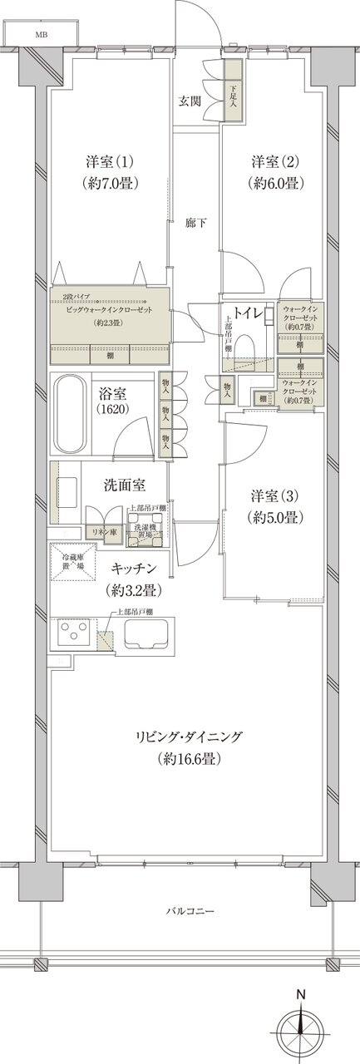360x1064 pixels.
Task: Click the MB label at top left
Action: point(41,36)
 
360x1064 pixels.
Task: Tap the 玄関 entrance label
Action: point(190,101)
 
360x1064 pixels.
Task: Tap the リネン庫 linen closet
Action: point(102,532)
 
